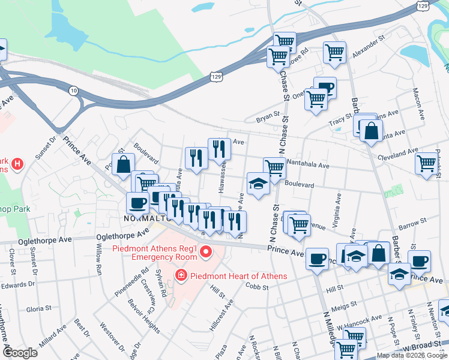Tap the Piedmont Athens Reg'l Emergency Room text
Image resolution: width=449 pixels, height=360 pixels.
click(154, 253)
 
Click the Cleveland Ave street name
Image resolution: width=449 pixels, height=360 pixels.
click(397, 154)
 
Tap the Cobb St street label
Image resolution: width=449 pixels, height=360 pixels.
click(257, 286)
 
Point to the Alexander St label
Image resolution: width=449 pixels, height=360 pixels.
click(368, 46)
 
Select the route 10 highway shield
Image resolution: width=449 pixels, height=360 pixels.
click(73, 90)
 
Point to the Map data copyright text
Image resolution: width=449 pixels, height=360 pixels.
click(411, 355)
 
